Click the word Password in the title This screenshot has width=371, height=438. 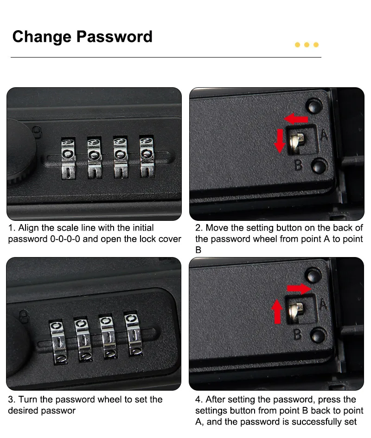115,37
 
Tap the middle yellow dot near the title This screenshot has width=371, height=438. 307,45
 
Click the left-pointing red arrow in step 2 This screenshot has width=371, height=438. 296,119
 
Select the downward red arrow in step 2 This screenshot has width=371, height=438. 280,141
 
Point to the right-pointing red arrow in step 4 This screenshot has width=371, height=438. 299,289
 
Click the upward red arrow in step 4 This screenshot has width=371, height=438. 277,311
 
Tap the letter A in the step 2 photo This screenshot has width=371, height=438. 324,135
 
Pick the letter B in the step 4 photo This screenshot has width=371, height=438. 298,334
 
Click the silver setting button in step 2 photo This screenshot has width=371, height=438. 296,142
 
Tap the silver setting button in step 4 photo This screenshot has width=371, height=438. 295,311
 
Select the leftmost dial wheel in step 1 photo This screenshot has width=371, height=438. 68,158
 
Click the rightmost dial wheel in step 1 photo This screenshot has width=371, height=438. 147,156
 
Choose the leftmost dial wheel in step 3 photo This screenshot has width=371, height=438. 58,342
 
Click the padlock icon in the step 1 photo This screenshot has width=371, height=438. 37,131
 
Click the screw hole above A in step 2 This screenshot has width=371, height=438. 314,106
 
